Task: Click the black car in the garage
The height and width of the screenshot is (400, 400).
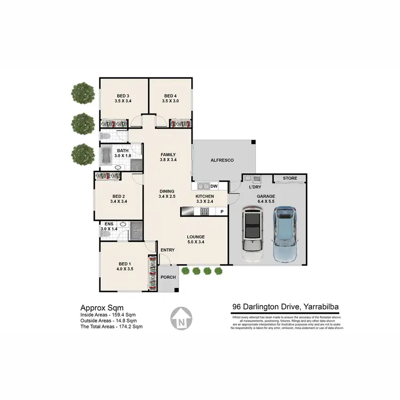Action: coord(252,229)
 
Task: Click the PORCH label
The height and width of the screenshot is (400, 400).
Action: coord(168,278)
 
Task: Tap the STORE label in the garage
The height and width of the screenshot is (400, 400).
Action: coord(290,178)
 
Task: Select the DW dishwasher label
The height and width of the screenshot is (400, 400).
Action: coord(214,186)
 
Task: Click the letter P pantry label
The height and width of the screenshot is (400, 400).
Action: coord(222,212)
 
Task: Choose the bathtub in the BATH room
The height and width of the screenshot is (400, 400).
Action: coord(106,157)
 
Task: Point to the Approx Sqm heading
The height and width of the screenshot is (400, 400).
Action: coord(101,307)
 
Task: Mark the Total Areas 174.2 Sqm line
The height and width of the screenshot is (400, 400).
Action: coord(111,326)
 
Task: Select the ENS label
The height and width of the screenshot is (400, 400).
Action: coord(108,223)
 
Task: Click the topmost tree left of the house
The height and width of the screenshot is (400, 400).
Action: coord(83,92)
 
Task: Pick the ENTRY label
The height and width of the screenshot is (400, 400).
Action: coord(167,250)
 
